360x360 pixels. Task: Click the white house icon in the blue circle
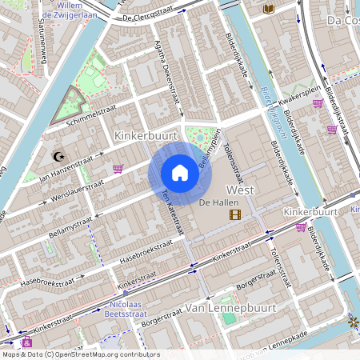click(180, 173)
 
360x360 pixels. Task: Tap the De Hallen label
click(215, 202)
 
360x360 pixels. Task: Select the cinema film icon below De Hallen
click(234, 214)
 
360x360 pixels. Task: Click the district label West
click(241, 190)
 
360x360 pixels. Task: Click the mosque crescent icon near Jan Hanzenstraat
click(57, 156)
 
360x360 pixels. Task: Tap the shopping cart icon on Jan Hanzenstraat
click(118, 169)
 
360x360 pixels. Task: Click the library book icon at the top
click(269, 9)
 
